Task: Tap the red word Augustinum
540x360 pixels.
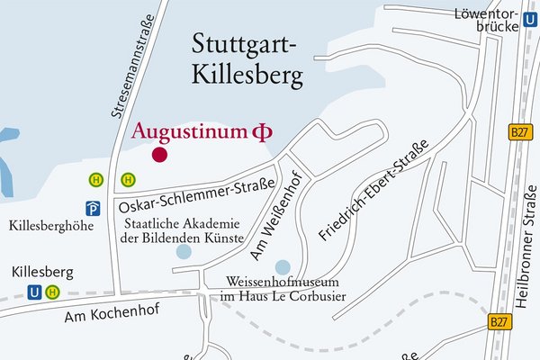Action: [x=189, y=131]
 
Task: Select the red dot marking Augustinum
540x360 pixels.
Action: [x=159, y=155]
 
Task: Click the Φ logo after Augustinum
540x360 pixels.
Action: [x=261, y=132]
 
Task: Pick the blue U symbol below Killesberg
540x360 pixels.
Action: [x=34, y=292]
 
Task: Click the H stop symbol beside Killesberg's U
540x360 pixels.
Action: [x=53, y=292]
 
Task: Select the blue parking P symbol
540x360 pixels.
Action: [x=92, y=206]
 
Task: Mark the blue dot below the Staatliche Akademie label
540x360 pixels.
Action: [x=184, y=252]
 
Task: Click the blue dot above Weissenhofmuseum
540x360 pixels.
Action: [x=283, y=266]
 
